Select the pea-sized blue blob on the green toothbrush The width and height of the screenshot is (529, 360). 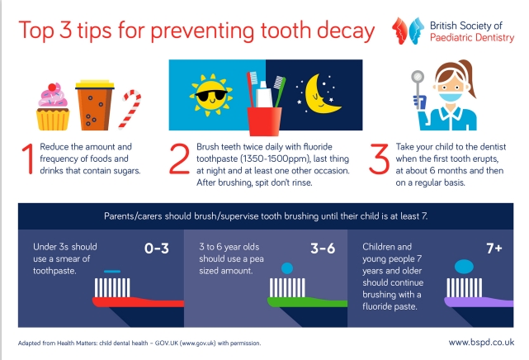point(286,268)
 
